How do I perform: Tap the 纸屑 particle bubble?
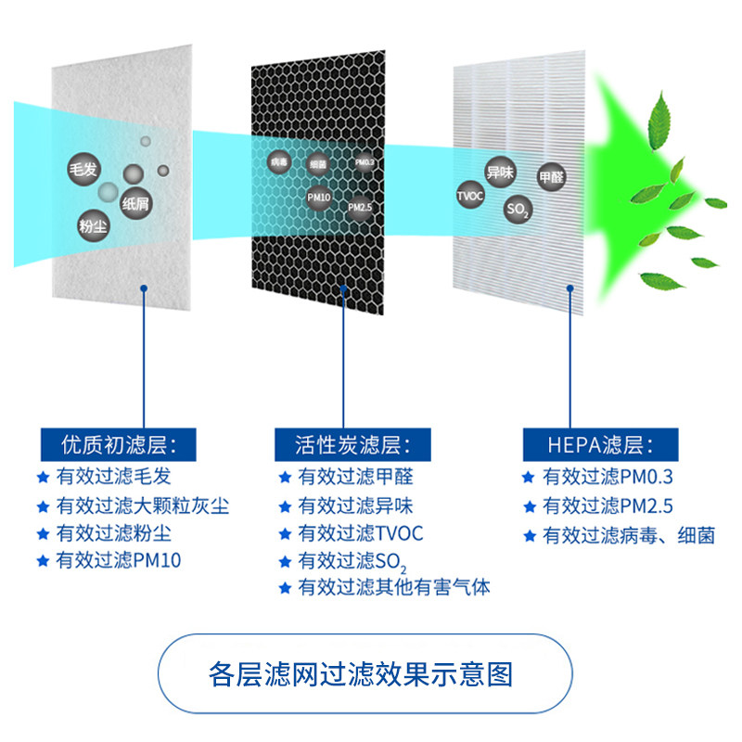(135, 205)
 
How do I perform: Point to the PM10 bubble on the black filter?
(319, 198)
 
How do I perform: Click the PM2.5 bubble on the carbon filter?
(360, 208)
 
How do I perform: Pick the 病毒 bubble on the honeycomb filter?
(279, 162)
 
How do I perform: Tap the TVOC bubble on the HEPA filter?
(470, 196)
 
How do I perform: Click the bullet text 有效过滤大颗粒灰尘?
(142, 505)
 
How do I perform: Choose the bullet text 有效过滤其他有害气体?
(394, 587)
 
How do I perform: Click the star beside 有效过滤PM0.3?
(529, 478)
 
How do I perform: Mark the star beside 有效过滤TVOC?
(286, 534)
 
